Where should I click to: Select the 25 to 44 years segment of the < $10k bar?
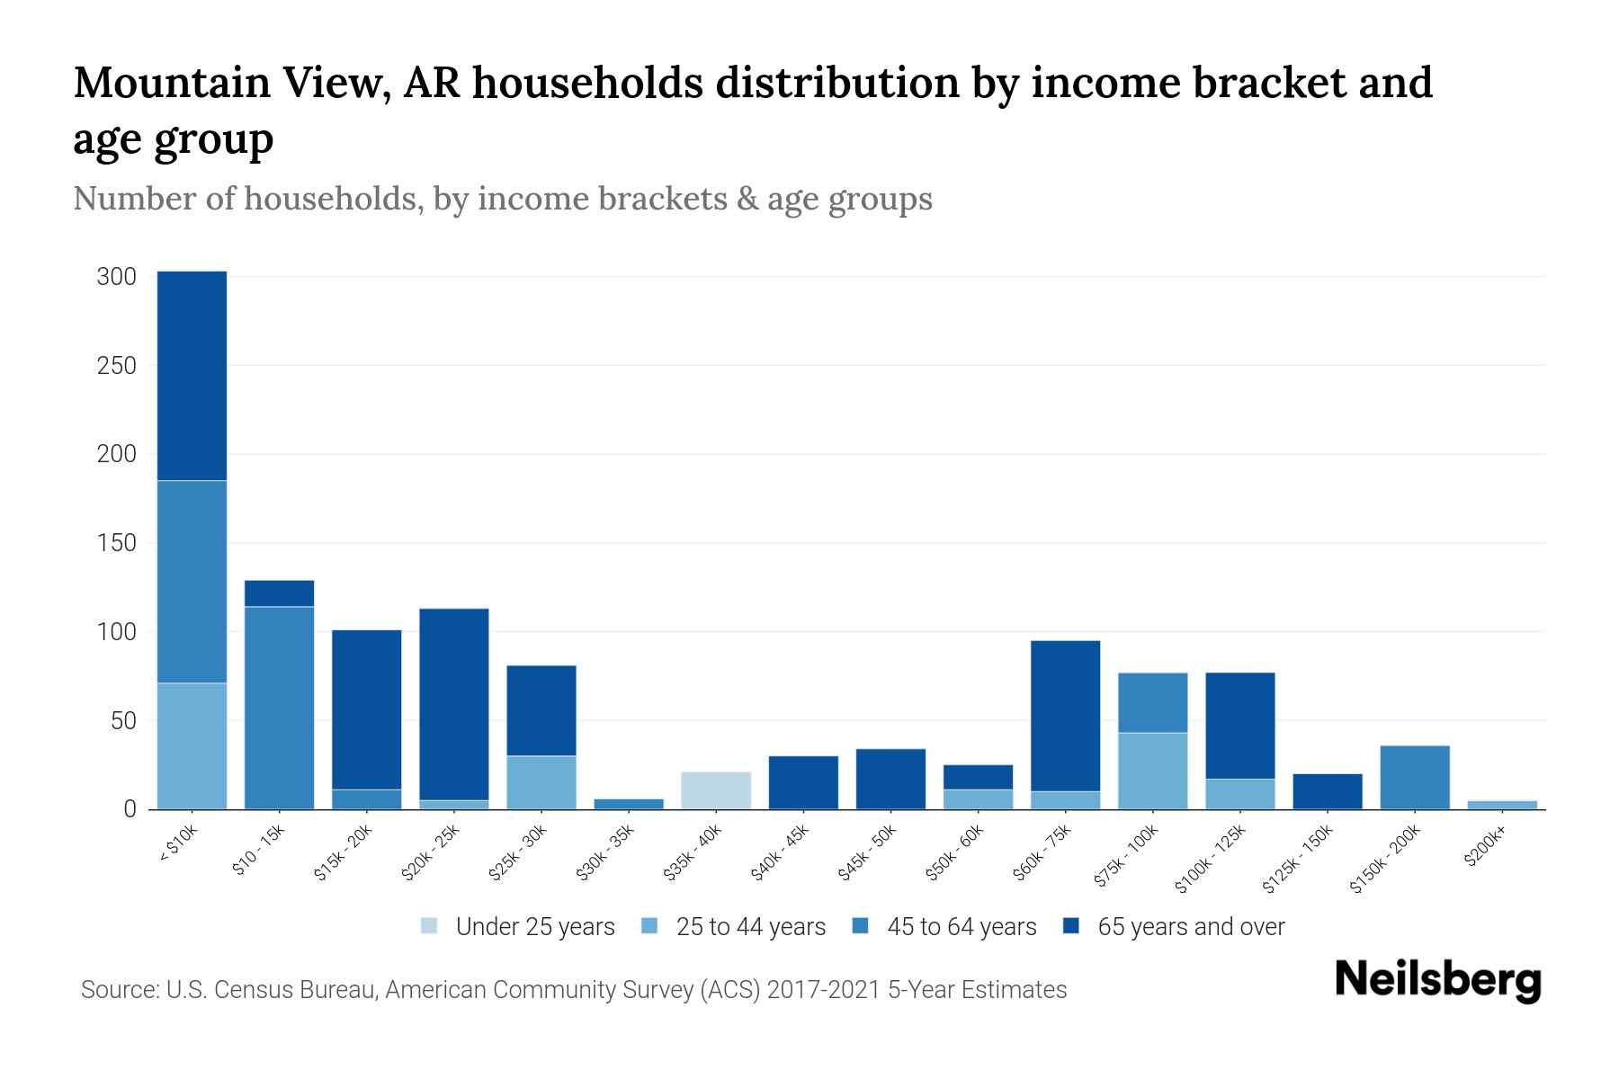(192, 746)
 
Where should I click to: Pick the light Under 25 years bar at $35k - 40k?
(716, 790)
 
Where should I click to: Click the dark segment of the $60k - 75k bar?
(1065, 716)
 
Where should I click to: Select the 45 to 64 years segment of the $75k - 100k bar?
(1152, 702)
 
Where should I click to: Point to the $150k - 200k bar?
(1415, 777)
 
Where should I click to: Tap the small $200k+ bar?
(1502, 805)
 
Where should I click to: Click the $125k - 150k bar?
(1328, 791)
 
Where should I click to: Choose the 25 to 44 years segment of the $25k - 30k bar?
(541, 782)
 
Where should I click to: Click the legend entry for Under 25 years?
(534, 927)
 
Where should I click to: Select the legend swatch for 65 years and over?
(1071, 926)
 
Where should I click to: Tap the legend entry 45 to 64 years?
(961, 927)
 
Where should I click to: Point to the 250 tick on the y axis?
(117, 366)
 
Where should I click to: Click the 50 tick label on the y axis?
(122, 721)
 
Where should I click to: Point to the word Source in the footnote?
(118, 990)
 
